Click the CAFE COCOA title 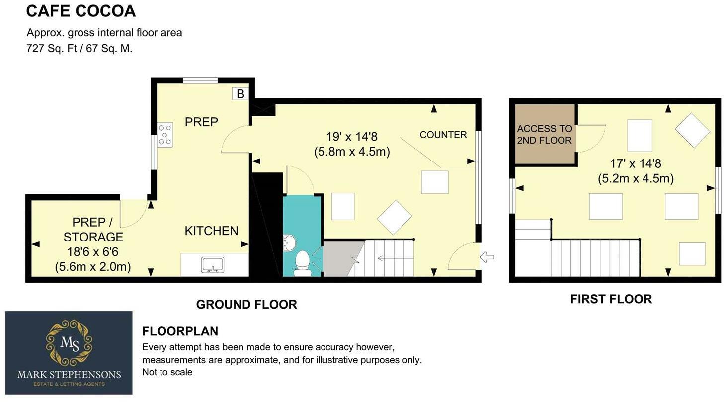click(x=80, y=11)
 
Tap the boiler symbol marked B click(x=240, y=93)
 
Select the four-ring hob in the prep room click(x=165, y=135)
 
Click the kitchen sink click(x=213, y=265)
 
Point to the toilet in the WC click(x=302, y=262)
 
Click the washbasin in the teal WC click(x=290, y=243)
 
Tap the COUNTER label click(x=443, y=135)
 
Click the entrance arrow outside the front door click(x=487, y=257)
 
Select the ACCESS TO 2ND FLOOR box click(x=545, y=134)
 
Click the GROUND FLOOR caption click(x=246, y=304)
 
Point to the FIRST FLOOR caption click(x=611, y=299)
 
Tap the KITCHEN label click(x=211, y=231)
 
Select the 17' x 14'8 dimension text click(x=636, y=170)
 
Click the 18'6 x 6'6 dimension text click(x=92, y=259)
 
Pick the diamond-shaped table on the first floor click(x=693, y=130)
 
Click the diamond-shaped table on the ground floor click(x=395, y=217)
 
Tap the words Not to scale click(x=167, y=372)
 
